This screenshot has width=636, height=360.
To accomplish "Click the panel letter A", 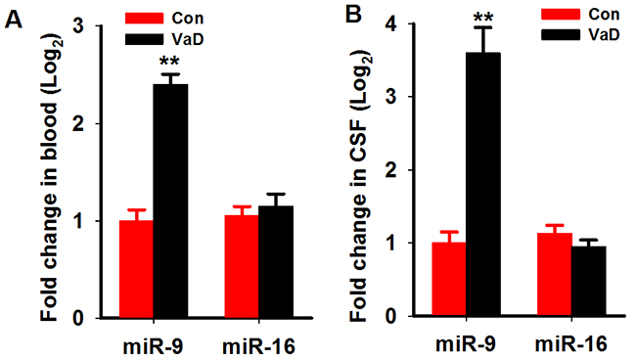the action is [14, 19].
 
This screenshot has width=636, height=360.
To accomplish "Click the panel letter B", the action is [353, 15].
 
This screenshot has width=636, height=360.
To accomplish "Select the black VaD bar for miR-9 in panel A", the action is [171, 201].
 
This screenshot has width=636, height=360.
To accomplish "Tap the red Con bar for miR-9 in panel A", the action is [136, 269].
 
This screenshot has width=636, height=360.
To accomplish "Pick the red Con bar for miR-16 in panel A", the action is [242, 266].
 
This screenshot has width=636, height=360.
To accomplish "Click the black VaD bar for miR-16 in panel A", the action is [276, 261].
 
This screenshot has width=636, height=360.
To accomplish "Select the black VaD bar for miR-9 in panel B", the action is [483, 184].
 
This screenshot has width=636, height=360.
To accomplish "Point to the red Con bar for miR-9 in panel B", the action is [448, 279].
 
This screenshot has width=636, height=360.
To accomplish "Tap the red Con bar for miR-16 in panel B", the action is [555, 275].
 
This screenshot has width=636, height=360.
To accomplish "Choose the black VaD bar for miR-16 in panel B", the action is [589, 281].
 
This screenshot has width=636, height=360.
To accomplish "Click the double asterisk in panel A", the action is [170, 62].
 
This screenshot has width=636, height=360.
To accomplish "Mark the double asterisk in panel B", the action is [483, 17].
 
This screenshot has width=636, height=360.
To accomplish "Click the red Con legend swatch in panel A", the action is [145, 19].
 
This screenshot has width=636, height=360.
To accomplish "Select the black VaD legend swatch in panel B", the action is [561, 35].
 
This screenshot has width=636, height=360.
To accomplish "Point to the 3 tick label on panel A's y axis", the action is [78, 26].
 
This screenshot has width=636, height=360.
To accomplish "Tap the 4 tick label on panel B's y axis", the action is [390, 23].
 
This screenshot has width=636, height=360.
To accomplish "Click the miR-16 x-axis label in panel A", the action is [258, 346].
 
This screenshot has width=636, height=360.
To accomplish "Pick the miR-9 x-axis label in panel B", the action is [466, 344].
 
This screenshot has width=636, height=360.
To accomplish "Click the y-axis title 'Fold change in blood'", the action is [50, 179].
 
